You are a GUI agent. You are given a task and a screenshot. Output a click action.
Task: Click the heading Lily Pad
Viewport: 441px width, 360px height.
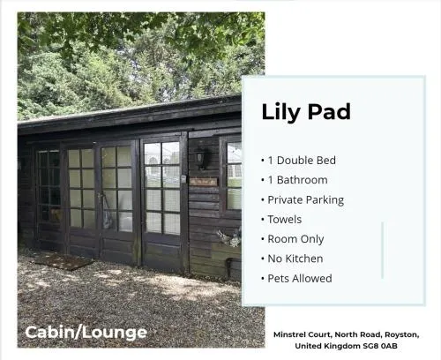click(306, 112)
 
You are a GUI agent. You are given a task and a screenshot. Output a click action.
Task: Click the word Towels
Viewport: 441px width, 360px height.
click(285, 220)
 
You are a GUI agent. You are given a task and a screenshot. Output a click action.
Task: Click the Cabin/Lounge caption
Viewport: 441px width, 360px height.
click(86, 333)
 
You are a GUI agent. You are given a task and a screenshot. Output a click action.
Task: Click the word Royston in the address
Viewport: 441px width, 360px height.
click(402, 334)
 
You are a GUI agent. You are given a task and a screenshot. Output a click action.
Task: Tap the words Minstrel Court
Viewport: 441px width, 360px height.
click(303, 334)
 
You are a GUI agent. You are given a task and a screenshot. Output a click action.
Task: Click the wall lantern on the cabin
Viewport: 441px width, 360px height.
click(203, 157)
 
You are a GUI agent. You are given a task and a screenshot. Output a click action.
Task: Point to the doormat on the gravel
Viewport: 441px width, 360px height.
click(63, 261)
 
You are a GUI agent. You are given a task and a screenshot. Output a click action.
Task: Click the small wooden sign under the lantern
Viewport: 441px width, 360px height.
click(204, 182)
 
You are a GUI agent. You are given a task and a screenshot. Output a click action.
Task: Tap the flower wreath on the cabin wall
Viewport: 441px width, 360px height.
click(230, 238)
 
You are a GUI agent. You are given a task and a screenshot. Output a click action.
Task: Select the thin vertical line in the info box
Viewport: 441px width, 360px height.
click(383, 250)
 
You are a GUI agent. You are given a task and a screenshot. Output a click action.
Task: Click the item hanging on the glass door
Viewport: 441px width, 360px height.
click(108, 212)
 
